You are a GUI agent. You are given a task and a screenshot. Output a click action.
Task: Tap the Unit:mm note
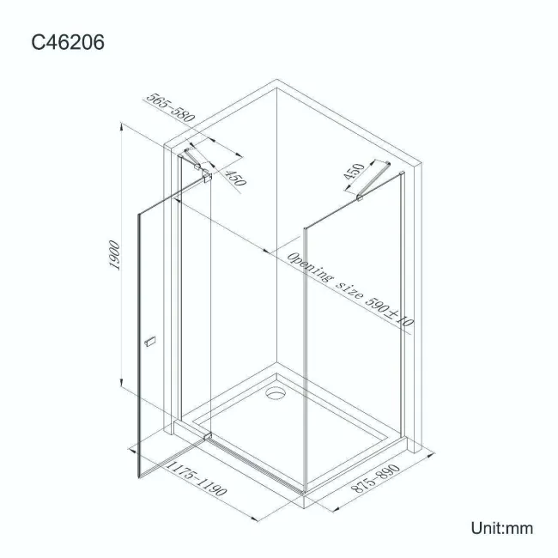501,527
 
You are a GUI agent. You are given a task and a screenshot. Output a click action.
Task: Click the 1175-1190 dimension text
195,481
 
